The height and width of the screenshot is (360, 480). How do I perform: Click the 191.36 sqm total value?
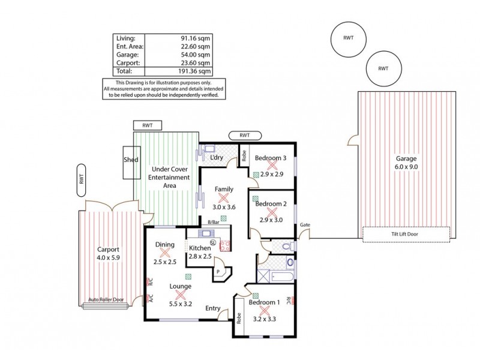[x=196, y=70]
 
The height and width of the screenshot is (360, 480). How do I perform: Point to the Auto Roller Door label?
[x=106, y=299]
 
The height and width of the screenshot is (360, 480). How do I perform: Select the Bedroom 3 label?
[x=271, y=158]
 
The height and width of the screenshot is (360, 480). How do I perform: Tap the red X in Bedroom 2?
[x=271, y=212]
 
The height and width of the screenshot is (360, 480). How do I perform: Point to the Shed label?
[x=131, y=160]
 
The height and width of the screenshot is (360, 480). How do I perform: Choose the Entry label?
[x=212, y=308]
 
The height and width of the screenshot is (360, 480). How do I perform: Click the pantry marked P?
[x=218, y=271]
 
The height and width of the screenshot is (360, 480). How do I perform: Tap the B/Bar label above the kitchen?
[x=212, y=221]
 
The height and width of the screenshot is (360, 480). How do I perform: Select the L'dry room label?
[x=216, y=157]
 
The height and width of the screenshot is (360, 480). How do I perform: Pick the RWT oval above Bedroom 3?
[x=244, y=136]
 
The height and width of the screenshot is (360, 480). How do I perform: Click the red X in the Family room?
[x=224, y=197]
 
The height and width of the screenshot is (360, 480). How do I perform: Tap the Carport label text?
[x=109, y=250]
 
